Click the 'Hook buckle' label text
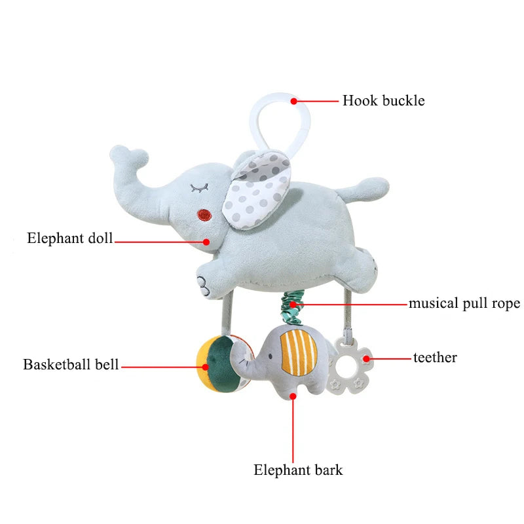(x=383, y=101)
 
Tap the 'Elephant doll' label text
(x=70, y=238)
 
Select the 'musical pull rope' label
(x=464, y=303)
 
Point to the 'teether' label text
(x=435, y=358)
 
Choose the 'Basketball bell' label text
(x=71, y=364)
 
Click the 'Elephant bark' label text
(x=298, y=470)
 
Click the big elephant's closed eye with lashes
(x=199, y=188)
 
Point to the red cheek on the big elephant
(x=204, y=215)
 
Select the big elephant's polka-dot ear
(x=255, y=191)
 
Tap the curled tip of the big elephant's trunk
(x=128, y=155)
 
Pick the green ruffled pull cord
(x=292, y=308)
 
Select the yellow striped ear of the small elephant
(x=299, y=352)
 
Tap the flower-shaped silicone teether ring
(x=350, y=365)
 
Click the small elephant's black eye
(x=270, y=356)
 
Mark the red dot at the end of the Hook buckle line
(x=293, y=101)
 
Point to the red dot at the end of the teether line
(x=367, y=358)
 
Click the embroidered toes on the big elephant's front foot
(x=203, y=285)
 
